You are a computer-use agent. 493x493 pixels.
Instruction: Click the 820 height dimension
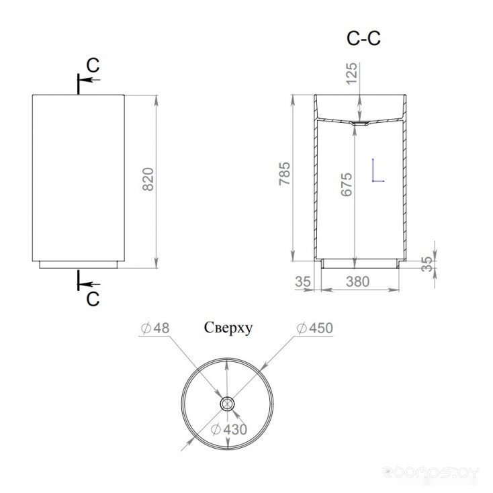click(148, 179)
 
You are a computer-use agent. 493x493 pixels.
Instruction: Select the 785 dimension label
click(285, 173)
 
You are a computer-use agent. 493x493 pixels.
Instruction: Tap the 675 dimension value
click(347, 184)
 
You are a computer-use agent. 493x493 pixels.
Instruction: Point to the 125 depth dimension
click(351, 73)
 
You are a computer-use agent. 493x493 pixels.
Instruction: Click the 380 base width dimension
click(357, 281)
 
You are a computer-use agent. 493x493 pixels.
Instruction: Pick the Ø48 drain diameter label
click(155, 328)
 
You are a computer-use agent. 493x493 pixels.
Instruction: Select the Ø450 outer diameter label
click(315, 328)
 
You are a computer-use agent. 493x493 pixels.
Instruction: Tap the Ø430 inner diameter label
click(229, 429)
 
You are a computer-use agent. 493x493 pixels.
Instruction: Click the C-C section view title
click(363, 38)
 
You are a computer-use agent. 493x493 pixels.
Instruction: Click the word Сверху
click(228, 328)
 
